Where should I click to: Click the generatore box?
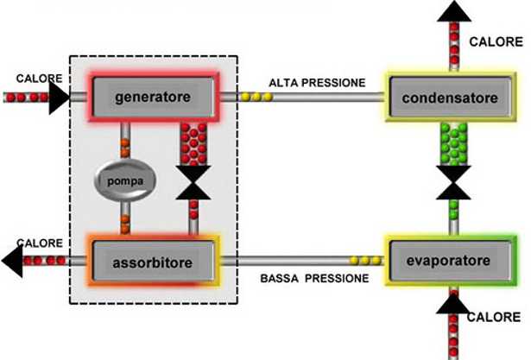point(152,97)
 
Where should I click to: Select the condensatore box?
point(449,98)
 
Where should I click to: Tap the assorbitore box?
point(152,259)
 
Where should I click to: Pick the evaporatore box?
point(449,260)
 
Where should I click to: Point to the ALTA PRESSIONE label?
point(317,83)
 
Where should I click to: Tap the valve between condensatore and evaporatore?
point(454,182)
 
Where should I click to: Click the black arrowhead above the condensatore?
point(454,10)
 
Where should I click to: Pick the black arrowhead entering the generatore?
point(59,97)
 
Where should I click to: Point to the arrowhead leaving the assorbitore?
point(12,260)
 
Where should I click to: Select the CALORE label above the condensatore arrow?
point(496,41)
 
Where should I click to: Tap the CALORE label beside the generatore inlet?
point(40,79)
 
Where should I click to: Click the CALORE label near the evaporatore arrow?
point(493,318)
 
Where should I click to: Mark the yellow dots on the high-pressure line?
point(256,97)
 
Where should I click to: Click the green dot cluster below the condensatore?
point(454,142)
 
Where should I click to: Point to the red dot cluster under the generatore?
point(193,143)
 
